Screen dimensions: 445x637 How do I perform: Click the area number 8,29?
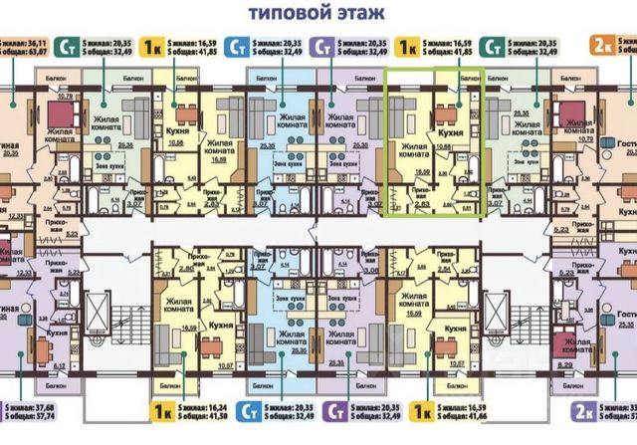(x=566, y=365)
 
